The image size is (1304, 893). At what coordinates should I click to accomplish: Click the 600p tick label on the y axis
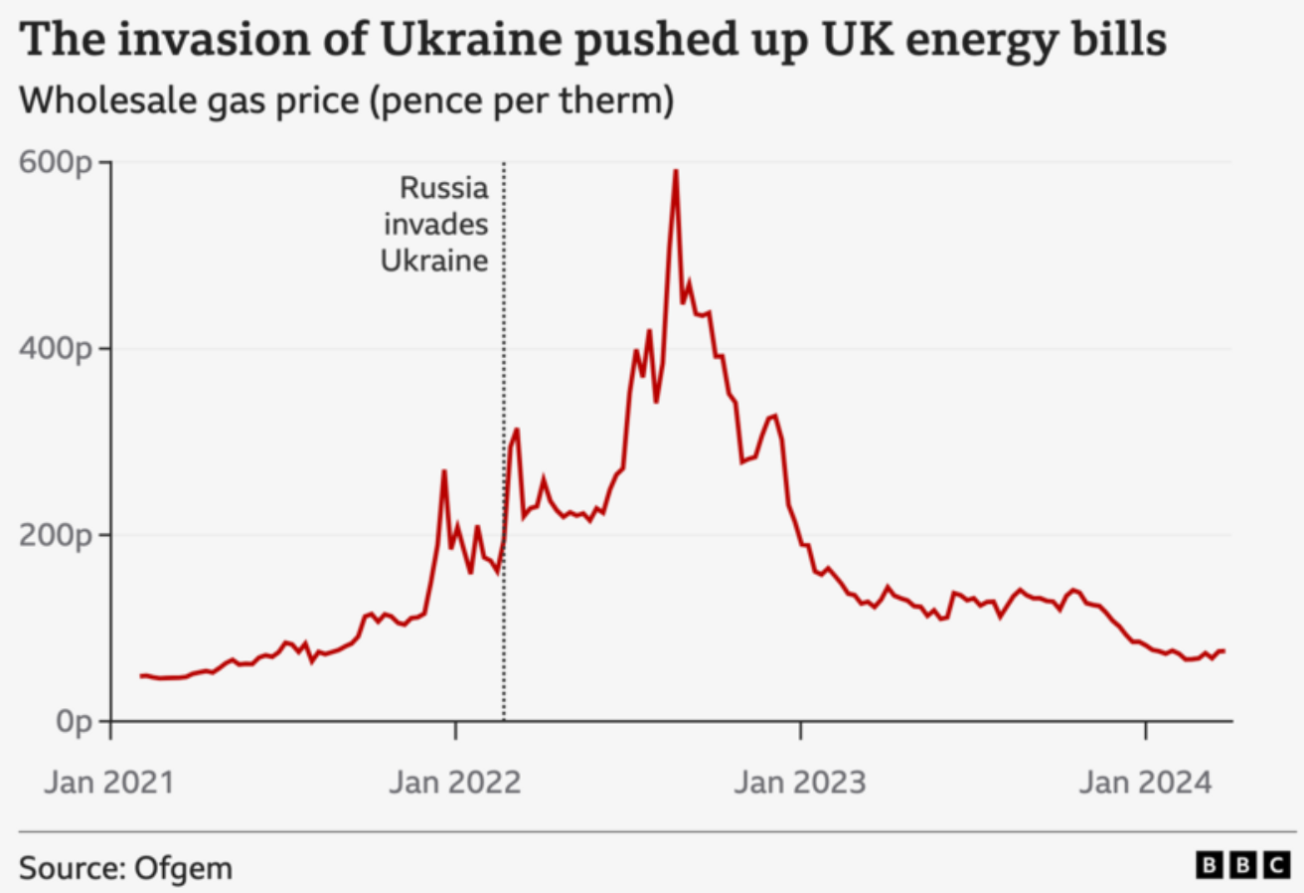point(60,162)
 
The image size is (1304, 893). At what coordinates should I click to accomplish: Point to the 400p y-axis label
point(60,349)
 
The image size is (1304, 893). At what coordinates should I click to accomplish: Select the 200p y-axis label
point(60,535)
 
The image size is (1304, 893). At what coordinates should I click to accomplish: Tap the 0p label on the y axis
point(76,721)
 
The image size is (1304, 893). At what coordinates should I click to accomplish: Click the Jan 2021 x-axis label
point(109,782)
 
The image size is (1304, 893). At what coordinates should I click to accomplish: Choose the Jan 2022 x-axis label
point(455,782)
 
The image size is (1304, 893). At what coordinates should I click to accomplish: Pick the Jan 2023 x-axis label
point(800,782)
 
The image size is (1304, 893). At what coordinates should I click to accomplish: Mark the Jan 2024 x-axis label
point(1145,782)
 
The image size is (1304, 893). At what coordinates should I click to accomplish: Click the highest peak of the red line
point(676,171)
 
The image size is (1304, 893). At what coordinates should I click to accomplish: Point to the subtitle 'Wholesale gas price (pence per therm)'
point(347,101)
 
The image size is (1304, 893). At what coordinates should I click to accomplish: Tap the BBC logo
point(1241,866)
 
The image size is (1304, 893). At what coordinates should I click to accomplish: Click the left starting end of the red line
point(140,676)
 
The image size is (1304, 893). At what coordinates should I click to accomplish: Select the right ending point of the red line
point(1223,650)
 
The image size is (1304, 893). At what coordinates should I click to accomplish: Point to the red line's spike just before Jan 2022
point(444,471)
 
